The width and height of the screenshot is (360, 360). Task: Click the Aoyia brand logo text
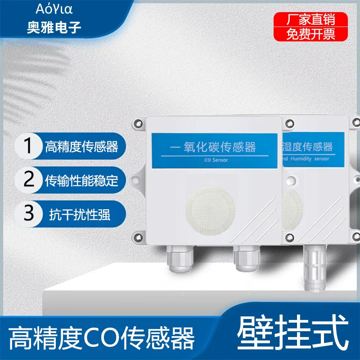54,9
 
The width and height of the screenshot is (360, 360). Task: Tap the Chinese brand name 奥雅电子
54,27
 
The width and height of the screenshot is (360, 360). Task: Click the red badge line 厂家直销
310,19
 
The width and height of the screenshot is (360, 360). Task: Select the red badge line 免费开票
310,34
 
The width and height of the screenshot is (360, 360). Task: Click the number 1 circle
28,146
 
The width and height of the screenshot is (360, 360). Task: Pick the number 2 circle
28,180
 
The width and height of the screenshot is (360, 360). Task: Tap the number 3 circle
28,213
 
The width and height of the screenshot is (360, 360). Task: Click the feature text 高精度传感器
81,147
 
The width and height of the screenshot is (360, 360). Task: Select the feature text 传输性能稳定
81,180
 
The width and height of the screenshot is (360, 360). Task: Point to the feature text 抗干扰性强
80,215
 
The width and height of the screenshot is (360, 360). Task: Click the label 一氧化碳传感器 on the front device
213,147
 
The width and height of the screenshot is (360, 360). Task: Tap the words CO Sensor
216,160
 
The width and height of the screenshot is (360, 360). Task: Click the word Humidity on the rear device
301,159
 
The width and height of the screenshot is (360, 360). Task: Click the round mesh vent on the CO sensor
210,211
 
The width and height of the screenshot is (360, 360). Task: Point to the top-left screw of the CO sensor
138,124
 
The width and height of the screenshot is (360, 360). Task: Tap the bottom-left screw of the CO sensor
138,238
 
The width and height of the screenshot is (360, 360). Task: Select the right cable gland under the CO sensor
247,258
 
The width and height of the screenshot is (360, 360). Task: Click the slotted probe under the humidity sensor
315,267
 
